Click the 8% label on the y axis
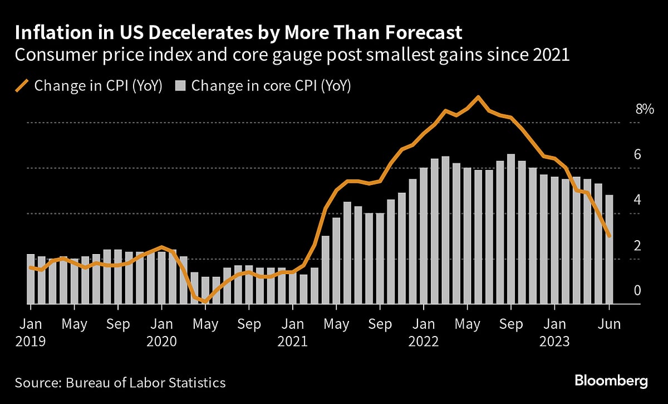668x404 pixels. [644, 109]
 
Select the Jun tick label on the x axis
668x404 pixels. [609, 324]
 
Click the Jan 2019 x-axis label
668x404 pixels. [31, 332]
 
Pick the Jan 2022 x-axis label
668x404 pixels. [424, 332]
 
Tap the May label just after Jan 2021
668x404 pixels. [336, 324]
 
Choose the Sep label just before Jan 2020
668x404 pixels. [118, 324]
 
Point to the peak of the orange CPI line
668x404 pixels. [478, 97]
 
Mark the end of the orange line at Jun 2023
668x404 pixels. [610, 236]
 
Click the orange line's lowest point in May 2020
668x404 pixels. [205, 301]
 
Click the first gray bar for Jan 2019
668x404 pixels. [31, 279]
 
